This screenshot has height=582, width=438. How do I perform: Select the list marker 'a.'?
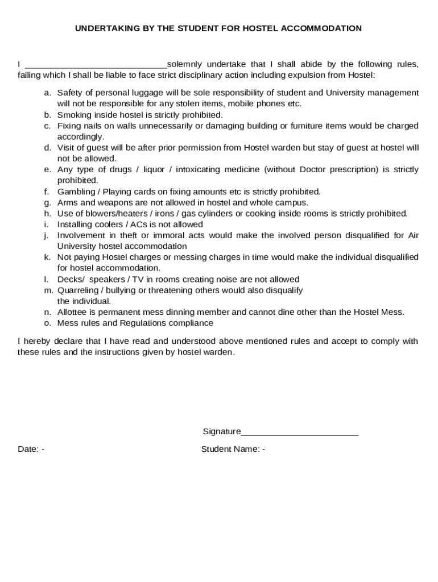point(48,93)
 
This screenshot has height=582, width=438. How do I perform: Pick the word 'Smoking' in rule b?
point(73,115)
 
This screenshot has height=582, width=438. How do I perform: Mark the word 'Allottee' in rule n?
point(73,312)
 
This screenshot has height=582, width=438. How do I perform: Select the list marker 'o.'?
point(48,323)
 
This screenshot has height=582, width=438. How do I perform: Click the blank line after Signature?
point(299,432)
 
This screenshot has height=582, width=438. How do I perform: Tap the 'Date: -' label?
point(31,449)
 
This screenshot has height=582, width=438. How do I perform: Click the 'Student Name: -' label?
point(233,449)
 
